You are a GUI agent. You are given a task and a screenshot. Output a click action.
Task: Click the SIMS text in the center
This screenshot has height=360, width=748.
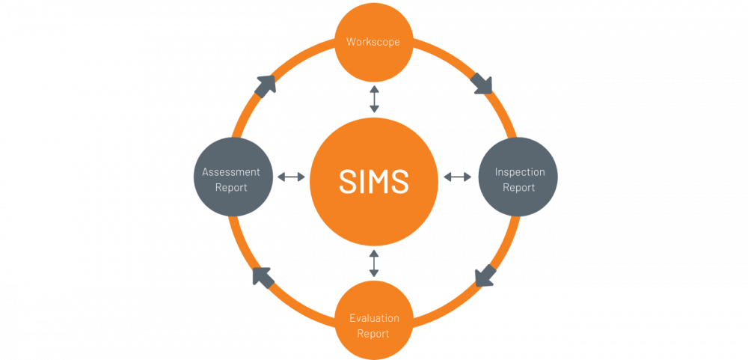pos(374,181)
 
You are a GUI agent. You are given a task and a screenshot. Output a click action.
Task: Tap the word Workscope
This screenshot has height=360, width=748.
pos(373,42)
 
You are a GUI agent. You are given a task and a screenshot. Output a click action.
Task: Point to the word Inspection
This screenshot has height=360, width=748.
pos(519,172)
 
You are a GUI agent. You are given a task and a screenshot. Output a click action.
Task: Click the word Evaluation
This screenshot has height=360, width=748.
pos(374,318)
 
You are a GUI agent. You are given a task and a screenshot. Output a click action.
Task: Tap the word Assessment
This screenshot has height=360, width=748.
pos(231,172)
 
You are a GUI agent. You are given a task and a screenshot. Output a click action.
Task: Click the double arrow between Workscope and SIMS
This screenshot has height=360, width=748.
pos(374,99)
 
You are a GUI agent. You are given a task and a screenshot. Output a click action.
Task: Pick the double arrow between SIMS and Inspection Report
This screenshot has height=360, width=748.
pos(458,177)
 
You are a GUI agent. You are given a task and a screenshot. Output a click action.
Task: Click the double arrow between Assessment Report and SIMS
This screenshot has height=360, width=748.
pos(291,177)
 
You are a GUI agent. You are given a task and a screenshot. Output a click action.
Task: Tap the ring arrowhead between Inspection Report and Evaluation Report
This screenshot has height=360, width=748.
pos(485,275)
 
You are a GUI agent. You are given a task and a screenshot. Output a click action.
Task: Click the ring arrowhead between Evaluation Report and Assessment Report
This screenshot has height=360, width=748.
pos(263,277)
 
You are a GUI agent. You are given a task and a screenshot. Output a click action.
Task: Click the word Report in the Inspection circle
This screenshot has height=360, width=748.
pos(518,187)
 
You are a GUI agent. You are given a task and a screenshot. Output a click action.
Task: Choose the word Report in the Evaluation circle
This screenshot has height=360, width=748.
pos(373,333)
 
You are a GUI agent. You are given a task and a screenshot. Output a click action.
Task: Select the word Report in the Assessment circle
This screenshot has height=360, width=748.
pos(231,187)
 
